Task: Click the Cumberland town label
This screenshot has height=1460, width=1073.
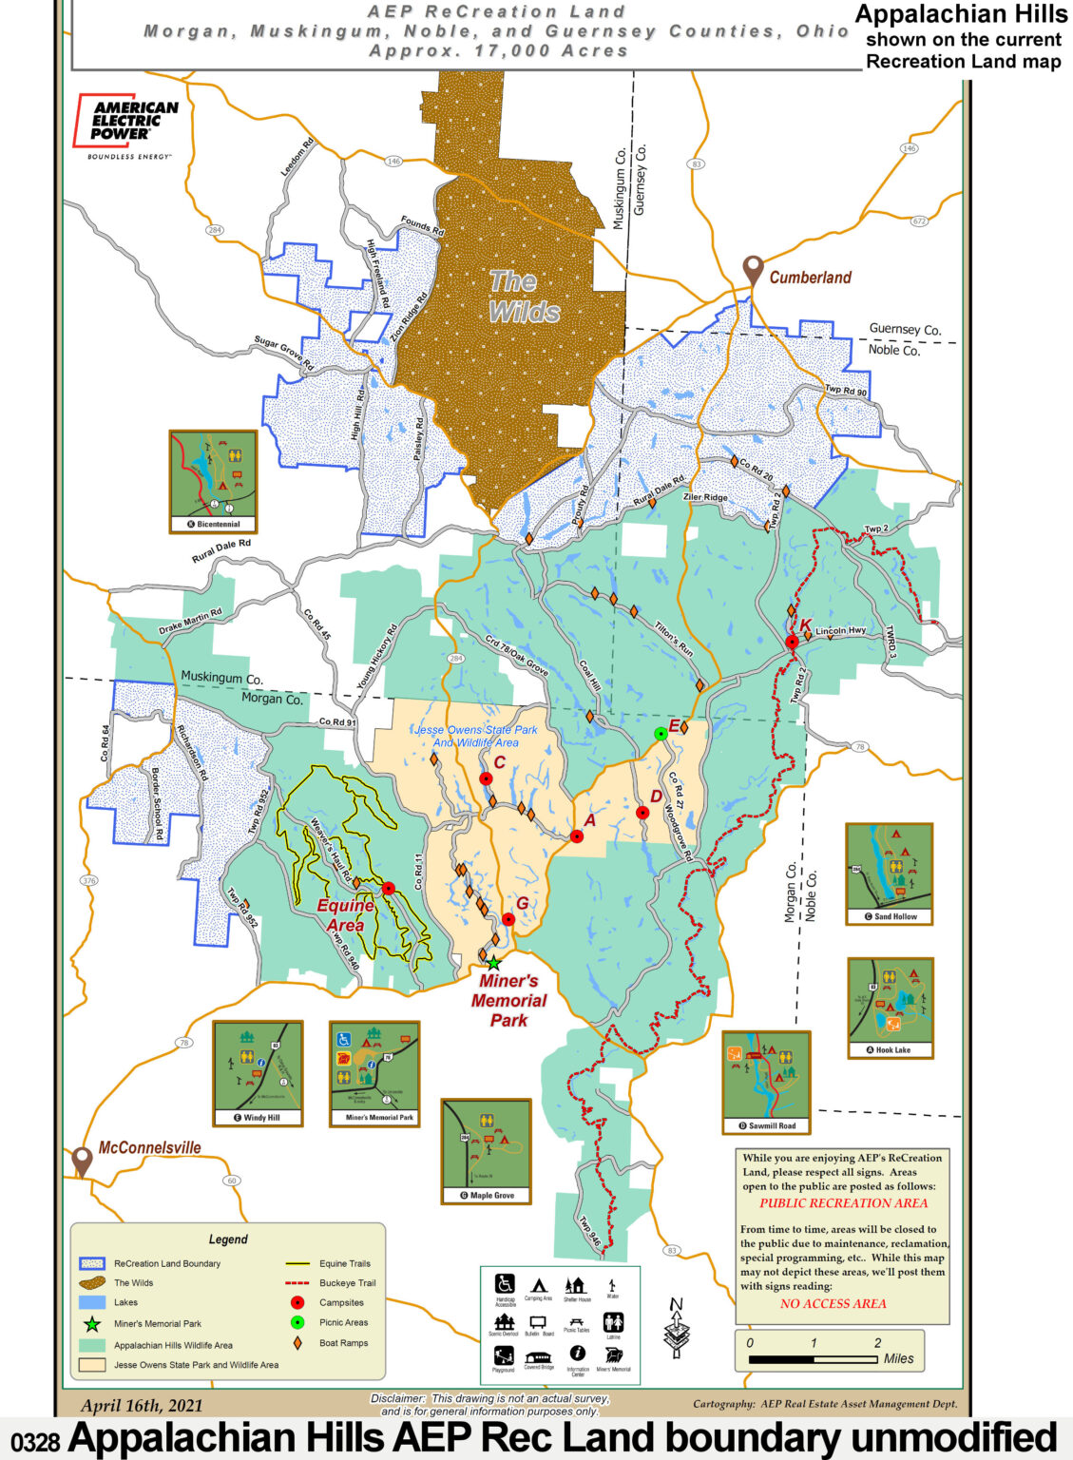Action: tap(810, 278)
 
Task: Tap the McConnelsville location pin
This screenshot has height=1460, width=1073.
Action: tap(83, 1161)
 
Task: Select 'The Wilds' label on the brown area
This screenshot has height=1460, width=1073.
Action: tap(524, 297)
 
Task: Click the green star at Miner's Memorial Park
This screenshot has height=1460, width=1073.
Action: tap(493, 963)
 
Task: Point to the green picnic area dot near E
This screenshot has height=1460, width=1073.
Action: tap(661, 733)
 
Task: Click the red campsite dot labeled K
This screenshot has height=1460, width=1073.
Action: tap(792, 643)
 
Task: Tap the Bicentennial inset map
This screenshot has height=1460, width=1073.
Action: tap(213, 480)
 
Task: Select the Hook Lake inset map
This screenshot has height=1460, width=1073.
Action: tap(891, 1007)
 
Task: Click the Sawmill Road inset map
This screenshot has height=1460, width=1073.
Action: tap(766, 1082)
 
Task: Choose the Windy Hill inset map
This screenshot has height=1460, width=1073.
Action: tap(258, 1073)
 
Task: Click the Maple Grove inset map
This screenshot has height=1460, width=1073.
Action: tap(486, 1150)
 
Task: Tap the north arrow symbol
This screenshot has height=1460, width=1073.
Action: tap(677, 1327)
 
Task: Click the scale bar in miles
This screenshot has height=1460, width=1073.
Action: tap(813, 1359)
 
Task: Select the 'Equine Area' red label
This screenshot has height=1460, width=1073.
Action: tap(345, 915)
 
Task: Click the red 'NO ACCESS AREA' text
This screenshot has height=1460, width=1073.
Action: tap(833, 1304)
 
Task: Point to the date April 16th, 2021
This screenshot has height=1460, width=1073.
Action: tap(142, 1406)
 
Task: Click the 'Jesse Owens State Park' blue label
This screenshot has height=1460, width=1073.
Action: tap(476, 736)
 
